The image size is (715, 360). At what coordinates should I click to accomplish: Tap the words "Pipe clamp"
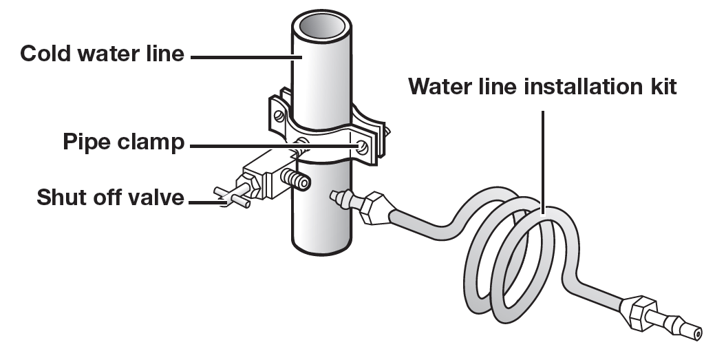tap(123, 143)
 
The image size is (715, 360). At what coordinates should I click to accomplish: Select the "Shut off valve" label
tap(110, 198)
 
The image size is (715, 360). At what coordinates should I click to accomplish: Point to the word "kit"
tap(661, 87)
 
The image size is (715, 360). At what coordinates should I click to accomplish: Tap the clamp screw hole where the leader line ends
tap(362, 146)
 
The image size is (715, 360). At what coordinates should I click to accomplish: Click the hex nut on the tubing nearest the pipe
tap(375, 207)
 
